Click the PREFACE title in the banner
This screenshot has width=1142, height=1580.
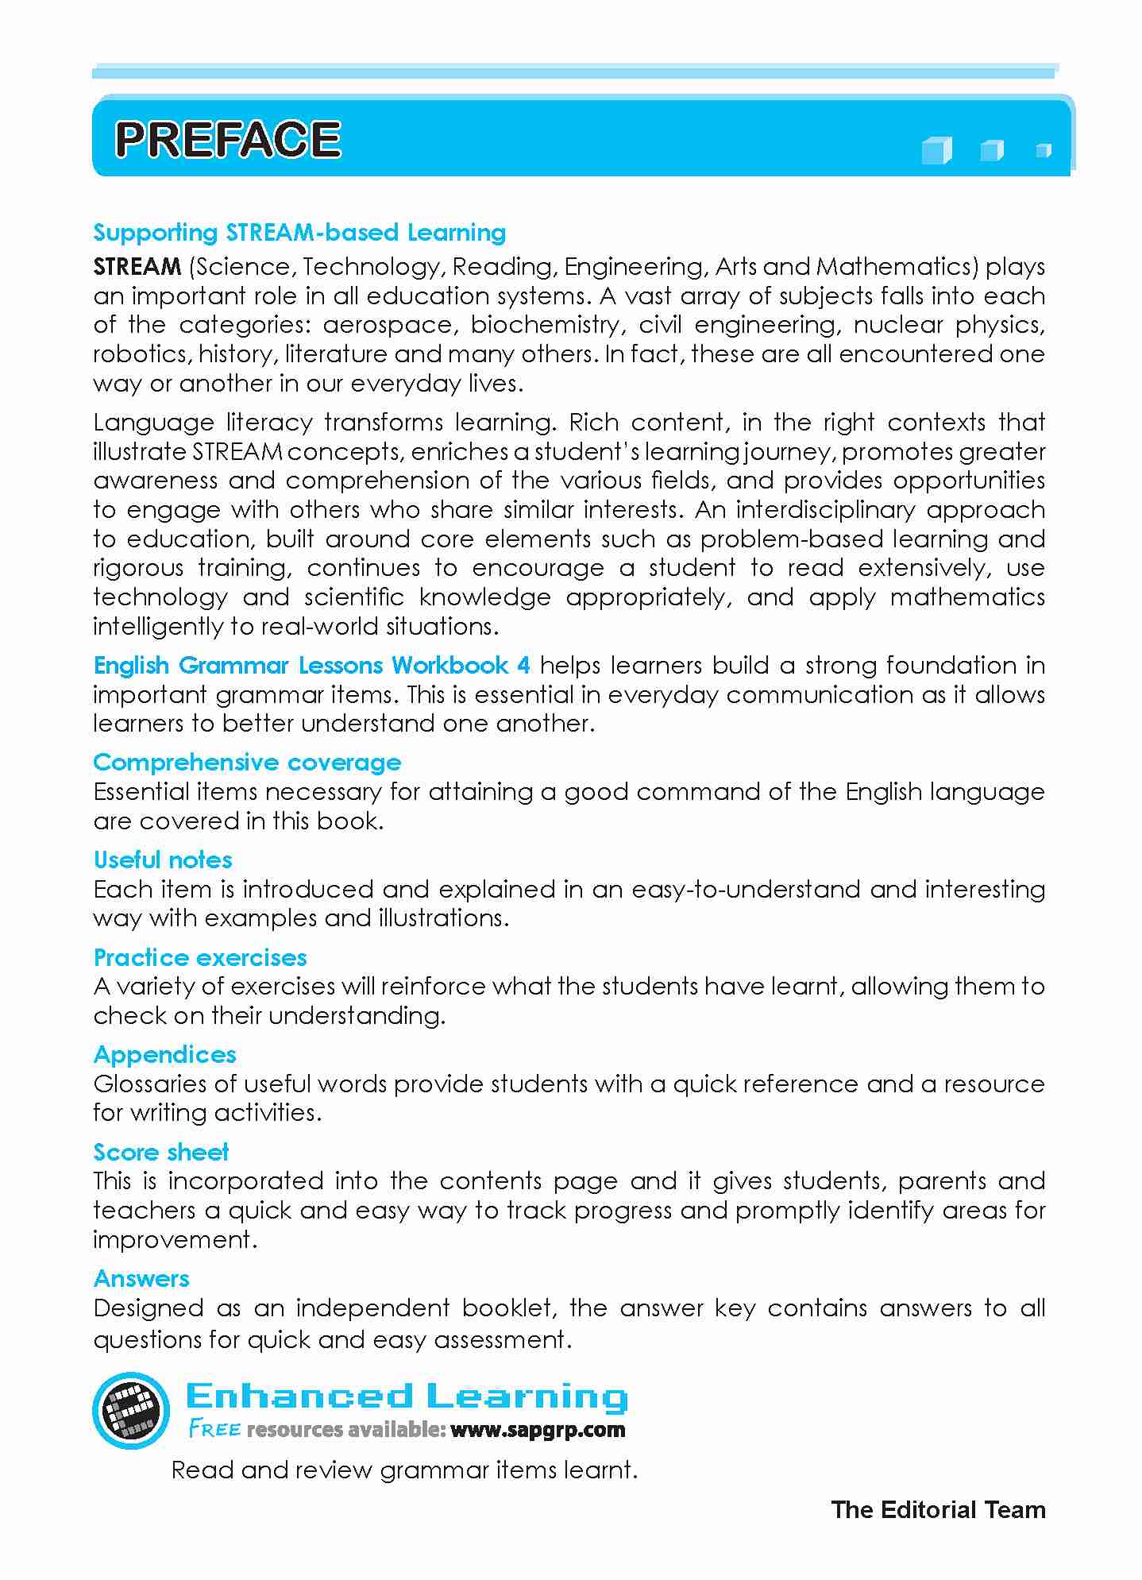[x=228, y=140]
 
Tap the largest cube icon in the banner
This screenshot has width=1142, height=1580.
[x=936, y=150]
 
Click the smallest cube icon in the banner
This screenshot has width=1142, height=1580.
[x=1044, y=149]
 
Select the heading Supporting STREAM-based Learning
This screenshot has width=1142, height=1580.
[x=299, y=233]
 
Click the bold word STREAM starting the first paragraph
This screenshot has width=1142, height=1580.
[x=137, y=267]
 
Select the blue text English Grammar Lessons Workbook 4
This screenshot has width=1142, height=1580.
[x=311, y=665]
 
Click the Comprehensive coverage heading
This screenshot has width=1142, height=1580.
[x=247, y=763]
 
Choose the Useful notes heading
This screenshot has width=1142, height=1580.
[x=163, y=860]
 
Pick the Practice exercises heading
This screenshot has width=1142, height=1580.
[x=200, y=958]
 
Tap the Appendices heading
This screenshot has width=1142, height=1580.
[x=165, y=1055]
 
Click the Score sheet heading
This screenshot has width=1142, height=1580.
[x=161, y=1153]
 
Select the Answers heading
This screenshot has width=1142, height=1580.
[x=141, y=1279]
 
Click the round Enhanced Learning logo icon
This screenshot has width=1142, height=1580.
[x=131, y=1410]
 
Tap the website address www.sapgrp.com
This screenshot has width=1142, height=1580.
[x=538, y=1431]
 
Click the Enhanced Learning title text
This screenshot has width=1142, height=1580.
[x=406, y=1396]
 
